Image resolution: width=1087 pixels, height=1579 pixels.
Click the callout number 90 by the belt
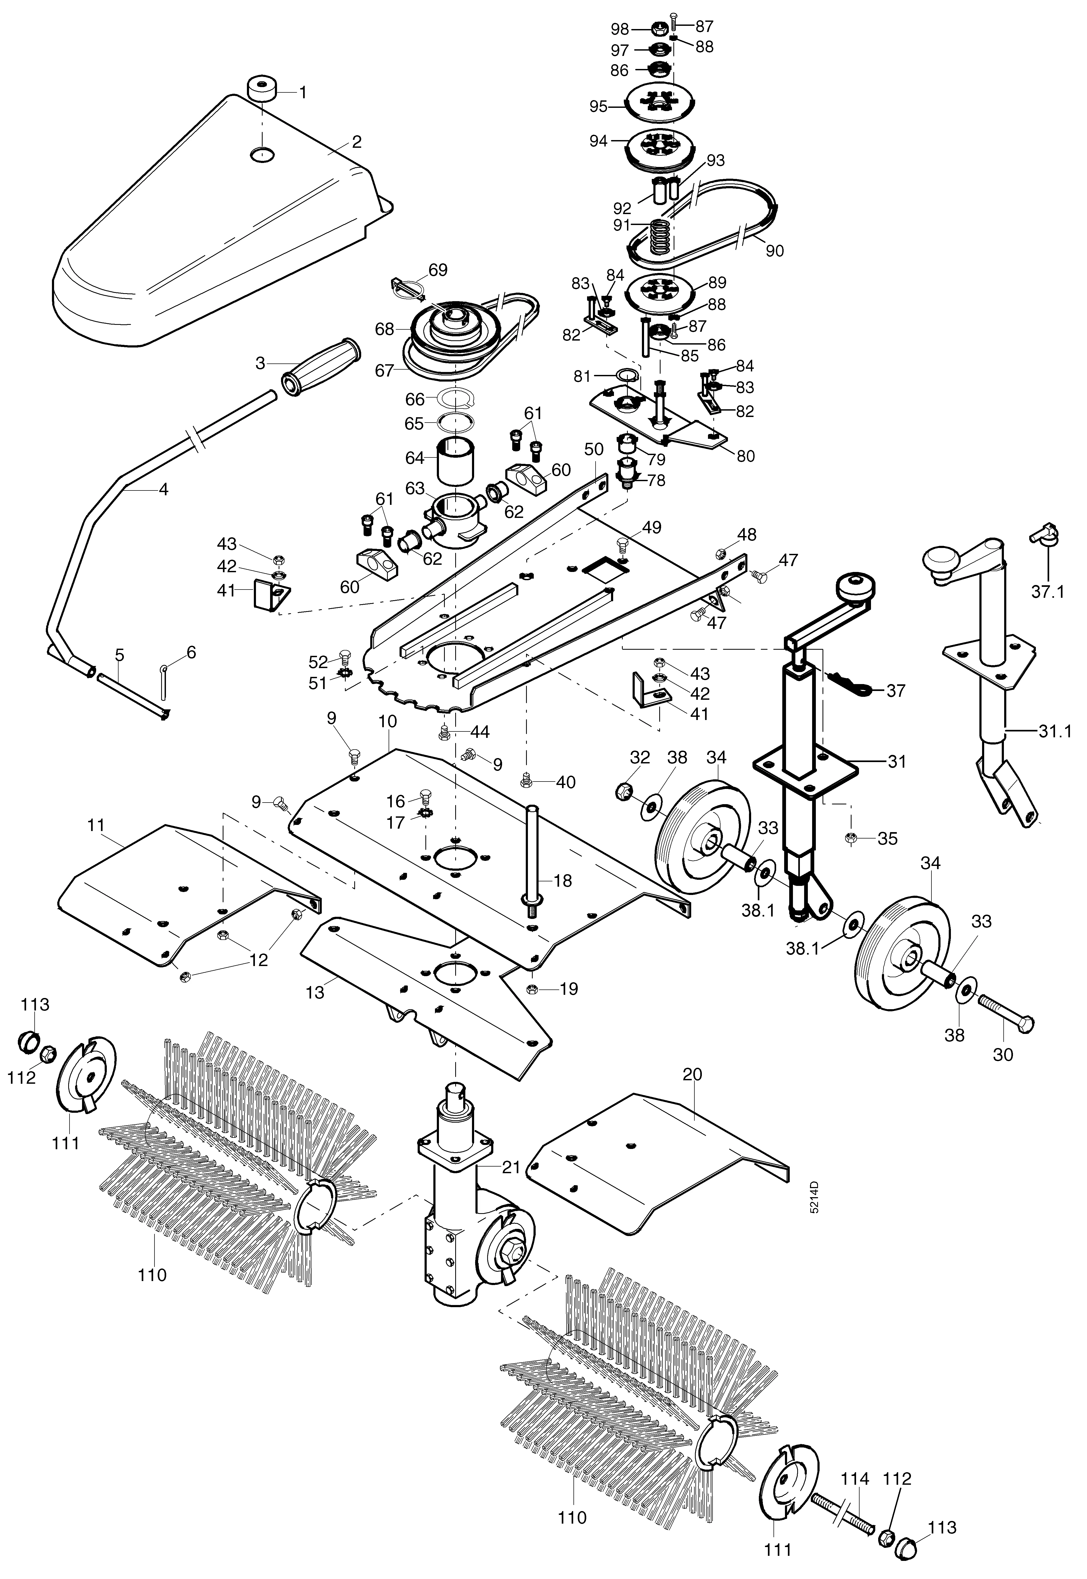774,251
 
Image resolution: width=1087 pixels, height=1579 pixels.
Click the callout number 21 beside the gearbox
511,1167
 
